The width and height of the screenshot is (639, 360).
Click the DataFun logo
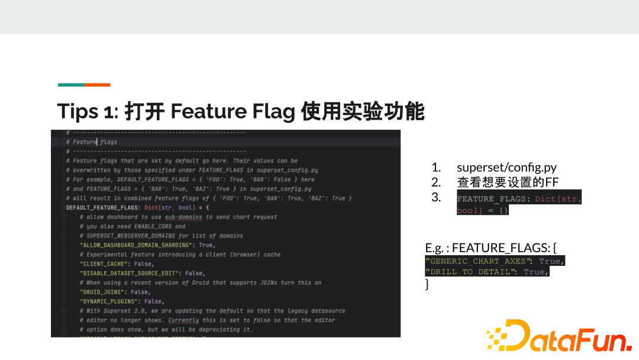559,337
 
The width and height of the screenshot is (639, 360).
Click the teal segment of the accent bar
71,85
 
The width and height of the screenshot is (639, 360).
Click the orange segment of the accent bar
98,85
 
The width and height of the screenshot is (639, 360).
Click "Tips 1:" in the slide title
88,111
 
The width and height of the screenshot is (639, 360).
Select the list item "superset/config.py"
506,168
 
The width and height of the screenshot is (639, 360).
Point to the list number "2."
436,182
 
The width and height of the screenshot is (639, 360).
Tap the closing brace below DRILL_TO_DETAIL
427,284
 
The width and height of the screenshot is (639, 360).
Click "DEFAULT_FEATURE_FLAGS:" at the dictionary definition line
104,208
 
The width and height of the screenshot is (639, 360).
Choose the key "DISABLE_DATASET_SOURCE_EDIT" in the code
131,274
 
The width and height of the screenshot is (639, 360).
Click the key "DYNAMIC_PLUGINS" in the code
108,301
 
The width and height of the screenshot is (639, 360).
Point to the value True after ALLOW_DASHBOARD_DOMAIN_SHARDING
206,245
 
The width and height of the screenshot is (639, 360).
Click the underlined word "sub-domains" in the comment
183,217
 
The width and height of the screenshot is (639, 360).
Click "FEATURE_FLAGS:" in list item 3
494,199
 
